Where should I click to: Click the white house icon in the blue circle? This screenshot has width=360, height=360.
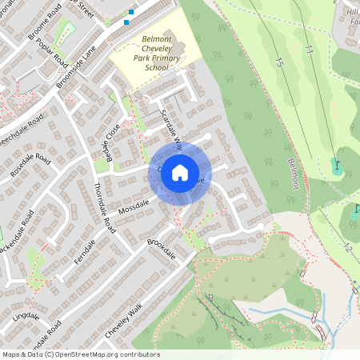tap(180, 172)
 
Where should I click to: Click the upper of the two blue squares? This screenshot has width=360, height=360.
tap(132, 12)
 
